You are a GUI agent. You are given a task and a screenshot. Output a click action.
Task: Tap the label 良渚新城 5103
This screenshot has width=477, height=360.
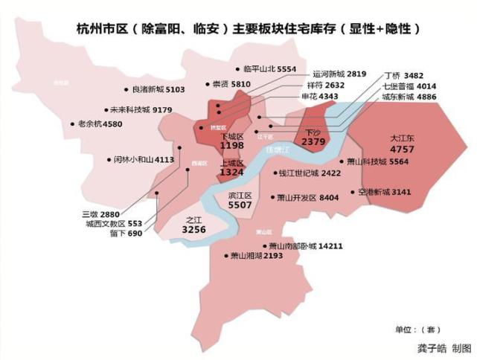(x=157, y=89)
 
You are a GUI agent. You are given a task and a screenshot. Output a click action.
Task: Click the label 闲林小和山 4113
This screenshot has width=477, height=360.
(x=144, y=159)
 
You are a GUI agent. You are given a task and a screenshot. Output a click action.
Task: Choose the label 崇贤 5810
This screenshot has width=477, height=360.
(x=231, y=84)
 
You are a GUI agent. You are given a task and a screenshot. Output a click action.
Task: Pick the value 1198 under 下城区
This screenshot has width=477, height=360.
(x=232, y=146)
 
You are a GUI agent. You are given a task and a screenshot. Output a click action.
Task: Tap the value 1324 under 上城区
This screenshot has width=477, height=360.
(x=232, y=172)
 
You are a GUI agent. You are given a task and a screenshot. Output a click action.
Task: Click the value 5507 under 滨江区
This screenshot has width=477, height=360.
(x=240, y=205)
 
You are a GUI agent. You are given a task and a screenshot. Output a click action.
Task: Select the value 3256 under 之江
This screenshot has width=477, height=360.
(x=193, y=230)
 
